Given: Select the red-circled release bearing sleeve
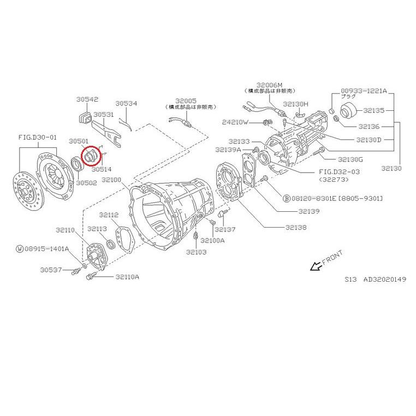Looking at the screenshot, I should tap(91, 155).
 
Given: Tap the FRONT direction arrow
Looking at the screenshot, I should tap(314, 266).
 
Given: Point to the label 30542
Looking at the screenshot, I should tap(87, 99).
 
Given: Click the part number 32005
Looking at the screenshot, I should tap(186, 101).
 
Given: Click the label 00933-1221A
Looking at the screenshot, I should tap(364, 91).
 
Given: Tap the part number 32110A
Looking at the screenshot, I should tap(127, 277).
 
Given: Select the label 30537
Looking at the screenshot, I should tap(51, 270).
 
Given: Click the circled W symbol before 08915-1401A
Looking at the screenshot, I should tap(20, 249).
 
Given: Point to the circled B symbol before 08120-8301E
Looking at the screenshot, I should tap(286, 198).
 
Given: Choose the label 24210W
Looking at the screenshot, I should tap(235, 122).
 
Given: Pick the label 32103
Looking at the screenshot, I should tap(196, 252).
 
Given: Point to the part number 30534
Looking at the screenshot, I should tap(126, 103).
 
